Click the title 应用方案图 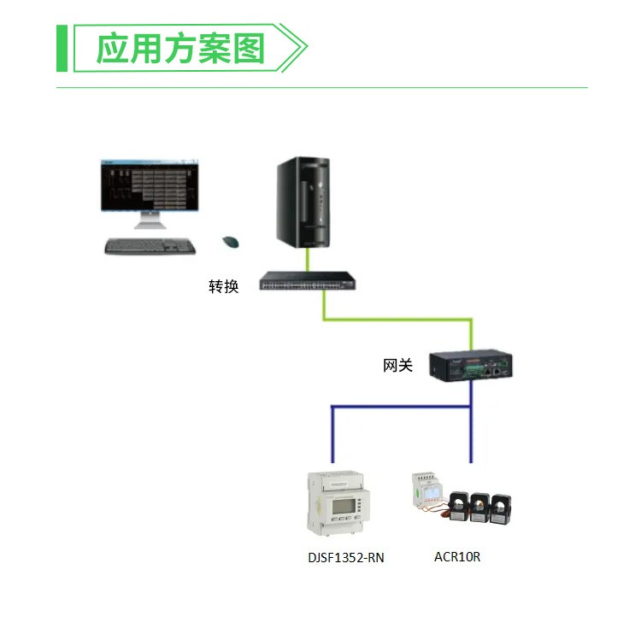(x=180, y=49)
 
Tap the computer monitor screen (x=150, y=185)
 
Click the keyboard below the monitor (x=150, y=246)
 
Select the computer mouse (x=231, y=242)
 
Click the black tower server (x=303, y=202)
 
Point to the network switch (x=308, y=281)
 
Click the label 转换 (x=224, y=286)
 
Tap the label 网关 (x=397, y=365)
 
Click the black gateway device (x=471, y=366)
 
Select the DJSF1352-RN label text (x=346, y=557)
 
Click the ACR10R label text (x=457, y=556)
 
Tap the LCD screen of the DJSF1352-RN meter (x=342, y=507)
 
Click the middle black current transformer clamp (x=480, y=507)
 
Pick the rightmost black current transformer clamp (x=501, y=508)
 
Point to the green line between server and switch (x=308, y=260)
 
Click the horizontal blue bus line (x=401, y=407)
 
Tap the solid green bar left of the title (x=62, y=48)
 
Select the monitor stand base (x=150, y=225)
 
